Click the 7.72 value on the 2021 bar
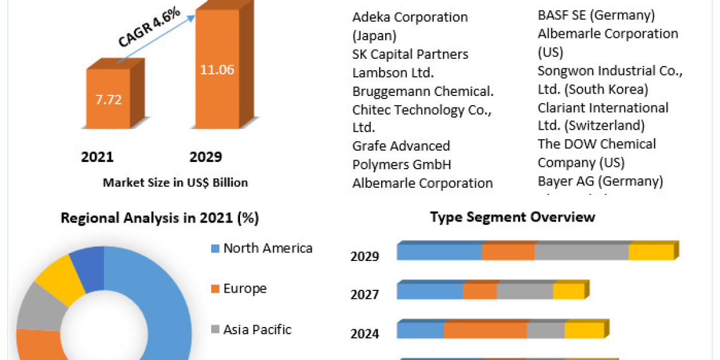[108, 99]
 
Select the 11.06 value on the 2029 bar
[217, 70]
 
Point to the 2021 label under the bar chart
[97, 157]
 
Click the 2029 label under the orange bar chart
[205, 157]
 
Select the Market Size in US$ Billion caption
[175, 182]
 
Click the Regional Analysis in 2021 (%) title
[160, 218]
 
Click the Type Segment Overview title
[512, 217]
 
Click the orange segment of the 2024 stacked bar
[485, 331]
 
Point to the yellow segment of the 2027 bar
[568, 292]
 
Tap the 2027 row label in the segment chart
[365, 295]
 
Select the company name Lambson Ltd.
[393, 73]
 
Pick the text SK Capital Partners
[410, 54]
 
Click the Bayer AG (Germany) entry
[600, 181]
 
